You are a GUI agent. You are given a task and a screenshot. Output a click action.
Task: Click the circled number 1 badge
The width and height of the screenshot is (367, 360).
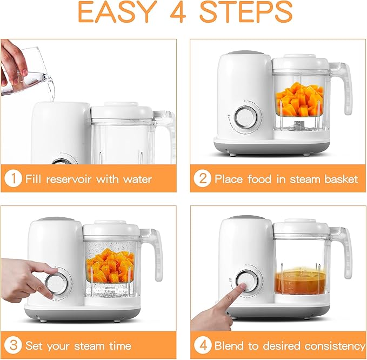coord(14,179)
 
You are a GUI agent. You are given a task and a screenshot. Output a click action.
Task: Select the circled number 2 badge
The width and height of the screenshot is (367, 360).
coord(203,179)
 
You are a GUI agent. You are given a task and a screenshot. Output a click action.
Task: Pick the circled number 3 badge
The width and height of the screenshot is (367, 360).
coord(14,345)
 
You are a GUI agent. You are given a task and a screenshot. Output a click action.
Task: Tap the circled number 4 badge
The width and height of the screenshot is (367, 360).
coord(203,345)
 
